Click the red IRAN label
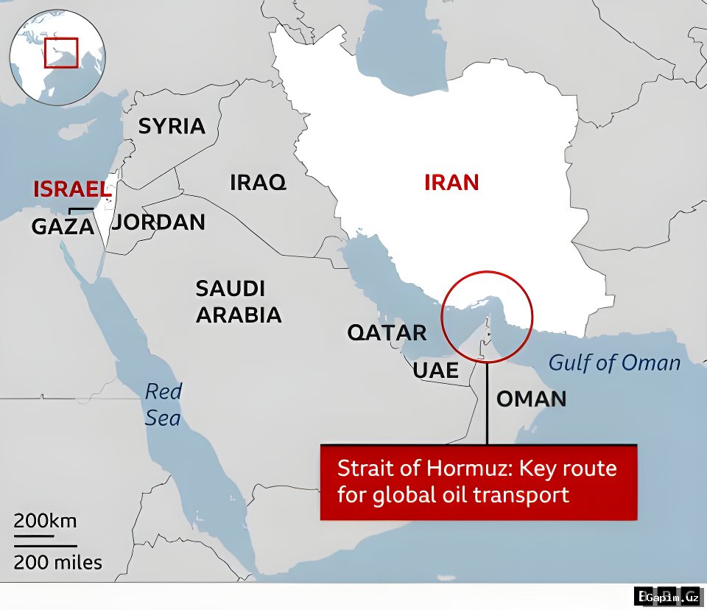tap(451, 182)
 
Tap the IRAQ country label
tap(258, 182)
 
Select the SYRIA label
tap(172, 126)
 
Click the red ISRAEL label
tap(71, 189)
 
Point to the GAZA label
tap(63, 226)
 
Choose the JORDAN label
tap(160, 222)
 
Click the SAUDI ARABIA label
tap(238, 301)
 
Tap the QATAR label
tap(387, 332)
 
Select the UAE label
tap(435, 370)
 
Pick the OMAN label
tap(531, 399)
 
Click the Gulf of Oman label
tap(615, 362)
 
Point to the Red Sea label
tap(163, 404)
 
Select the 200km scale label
tap(45, 522)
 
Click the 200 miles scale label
tap(58, 564)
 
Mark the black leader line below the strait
tap(487, 402)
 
